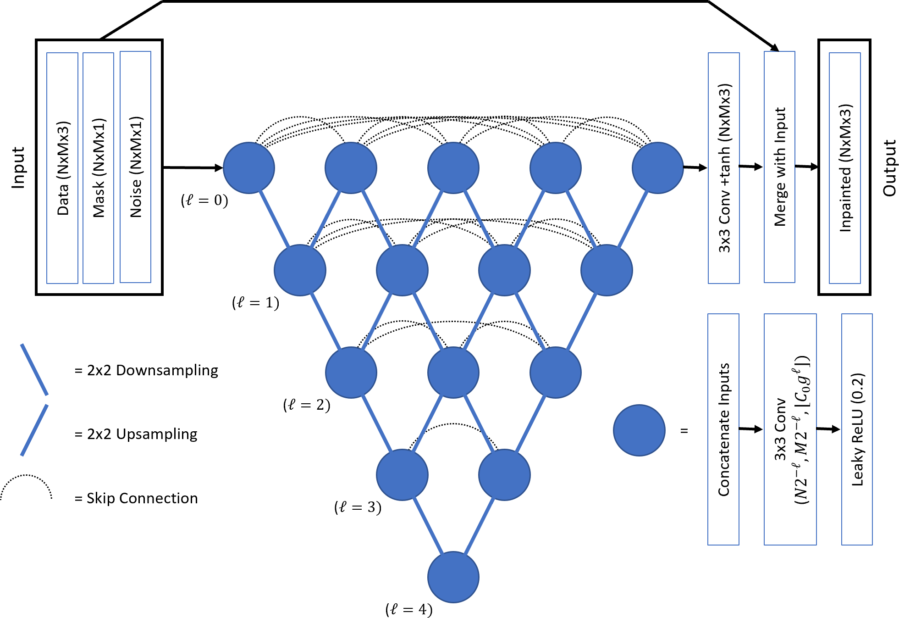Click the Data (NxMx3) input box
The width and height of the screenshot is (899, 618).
pos(62,168)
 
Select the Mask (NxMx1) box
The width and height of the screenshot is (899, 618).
pos(98,168)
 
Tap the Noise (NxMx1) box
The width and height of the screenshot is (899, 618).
pos(135,167)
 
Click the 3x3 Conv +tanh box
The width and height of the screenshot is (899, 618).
pos(723,168)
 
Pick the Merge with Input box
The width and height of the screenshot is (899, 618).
pos(779,167)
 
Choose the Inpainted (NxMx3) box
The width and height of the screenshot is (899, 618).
pos(844,168)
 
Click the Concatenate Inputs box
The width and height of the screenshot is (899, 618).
pos(723,429)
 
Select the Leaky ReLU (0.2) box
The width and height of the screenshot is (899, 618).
pos(857,429)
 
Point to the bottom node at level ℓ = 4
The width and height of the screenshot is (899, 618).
pos(453,577)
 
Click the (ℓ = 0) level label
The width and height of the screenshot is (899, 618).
pos(204,200)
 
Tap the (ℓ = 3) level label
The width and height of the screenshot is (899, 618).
pos(358,507)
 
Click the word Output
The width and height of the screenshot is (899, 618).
pos(889,168)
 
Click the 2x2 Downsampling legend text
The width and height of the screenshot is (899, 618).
pos(146,370)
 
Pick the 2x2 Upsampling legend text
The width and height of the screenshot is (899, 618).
pos(136,434)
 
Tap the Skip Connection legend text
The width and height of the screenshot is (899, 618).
pos(136,498)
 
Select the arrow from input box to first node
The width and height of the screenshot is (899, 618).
pos(193,168)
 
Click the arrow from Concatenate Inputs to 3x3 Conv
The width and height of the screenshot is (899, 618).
pos(751,429)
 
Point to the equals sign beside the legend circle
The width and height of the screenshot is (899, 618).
pos(684,431)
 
